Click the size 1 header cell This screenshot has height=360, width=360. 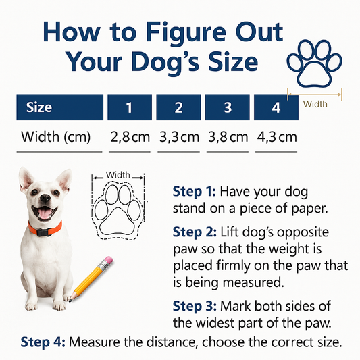click(x=130, y=107)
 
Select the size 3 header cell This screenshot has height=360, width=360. click(x=228, y=107)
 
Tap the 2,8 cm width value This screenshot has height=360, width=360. click(x=130, y=137)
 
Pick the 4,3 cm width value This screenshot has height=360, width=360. click(x=277, y=137)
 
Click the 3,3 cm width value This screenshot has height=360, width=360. click(x=179, y=137)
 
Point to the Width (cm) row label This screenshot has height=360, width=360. click(x=56, y=137)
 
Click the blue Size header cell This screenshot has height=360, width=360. click(x=60, y=107)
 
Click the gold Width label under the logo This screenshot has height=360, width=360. click(x=315, y=104)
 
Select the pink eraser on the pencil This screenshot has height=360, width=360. click(x=108, y=260)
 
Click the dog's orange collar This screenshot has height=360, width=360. click(x=45, y=229)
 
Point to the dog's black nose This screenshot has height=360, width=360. click(x=45, y=197)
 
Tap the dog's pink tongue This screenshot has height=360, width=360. click(x=44, y=213)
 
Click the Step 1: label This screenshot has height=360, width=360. click(x=194, y=191)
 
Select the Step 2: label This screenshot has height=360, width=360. click(x=195, y=232)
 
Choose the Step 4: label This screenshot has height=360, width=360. click(x=43, y=342)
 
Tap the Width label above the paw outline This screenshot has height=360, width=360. click(x=118, y=175)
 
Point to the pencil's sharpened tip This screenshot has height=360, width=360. click(x=70, y=300)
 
